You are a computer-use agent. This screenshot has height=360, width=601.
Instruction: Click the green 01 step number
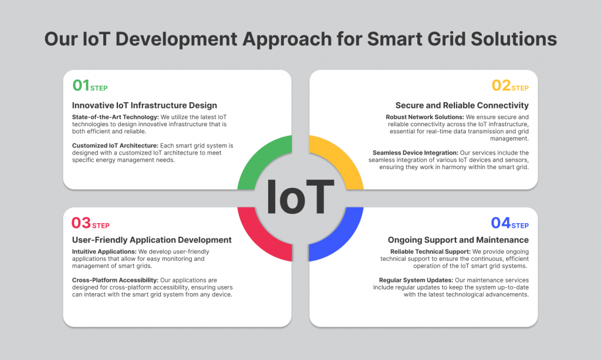[x=80, y=86]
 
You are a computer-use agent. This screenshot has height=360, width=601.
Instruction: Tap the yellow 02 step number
[x=501, y=86]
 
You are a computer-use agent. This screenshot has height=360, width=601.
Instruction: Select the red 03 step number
[x=81, y=223]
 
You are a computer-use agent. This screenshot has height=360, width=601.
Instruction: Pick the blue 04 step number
[x=501, y=223]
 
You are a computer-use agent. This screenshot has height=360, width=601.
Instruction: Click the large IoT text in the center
[x=300, y=197]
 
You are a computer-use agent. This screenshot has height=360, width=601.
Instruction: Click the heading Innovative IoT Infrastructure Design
[x=144, y=106]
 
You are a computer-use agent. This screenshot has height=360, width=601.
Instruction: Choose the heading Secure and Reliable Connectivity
[x=462, y=106]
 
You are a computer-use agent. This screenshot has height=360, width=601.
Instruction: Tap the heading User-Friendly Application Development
[x=151, y=240]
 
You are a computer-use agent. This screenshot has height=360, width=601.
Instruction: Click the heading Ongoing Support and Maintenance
[x=458, y=240]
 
